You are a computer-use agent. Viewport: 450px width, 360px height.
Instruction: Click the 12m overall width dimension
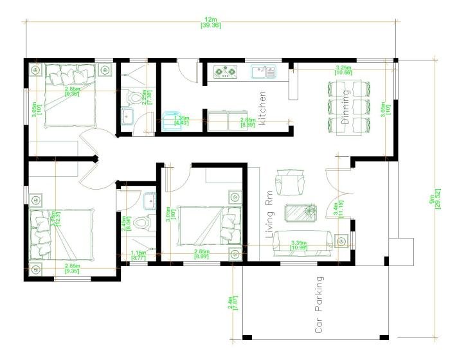click(x=210, y=22)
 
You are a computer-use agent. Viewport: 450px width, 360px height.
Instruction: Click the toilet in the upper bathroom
click(x=133, y=98)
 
